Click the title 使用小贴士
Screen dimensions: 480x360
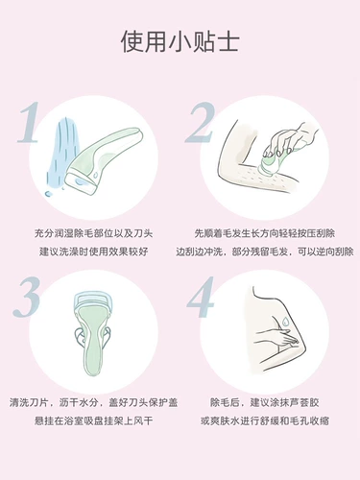pyautogui.click(x=180, y=42)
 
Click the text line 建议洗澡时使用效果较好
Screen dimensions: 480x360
pyautogui.click(x=91, y=250)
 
